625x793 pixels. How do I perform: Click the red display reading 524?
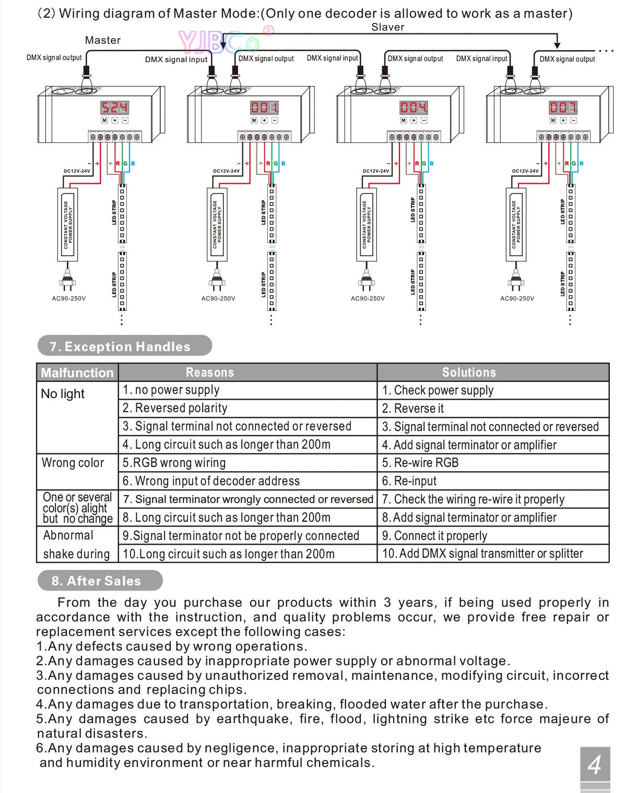click(114, 107)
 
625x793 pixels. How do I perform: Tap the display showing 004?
click(414, 107)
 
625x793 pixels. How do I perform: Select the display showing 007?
click(563, 107)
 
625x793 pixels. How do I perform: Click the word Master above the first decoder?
click(103, 40)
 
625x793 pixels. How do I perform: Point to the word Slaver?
click(387, 27)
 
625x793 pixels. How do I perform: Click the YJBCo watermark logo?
click(219, 41)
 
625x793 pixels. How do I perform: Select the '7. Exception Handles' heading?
click(120, 346)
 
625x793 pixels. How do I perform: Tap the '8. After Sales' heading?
click(96, 581)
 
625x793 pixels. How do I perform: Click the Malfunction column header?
click(77, 373)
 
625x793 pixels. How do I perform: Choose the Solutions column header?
click(469, 372)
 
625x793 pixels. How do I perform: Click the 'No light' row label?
click(63, 394)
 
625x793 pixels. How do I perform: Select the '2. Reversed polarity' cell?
click(175, 408)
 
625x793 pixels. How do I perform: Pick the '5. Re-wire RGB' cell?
click(420, 463)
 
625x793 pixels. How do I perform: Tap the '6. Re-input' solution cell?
click(409, 481)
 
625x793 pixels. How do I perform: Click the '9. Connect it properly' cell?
click(434, 536)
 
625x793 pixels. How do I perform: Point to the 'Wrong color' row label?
click(73, 463)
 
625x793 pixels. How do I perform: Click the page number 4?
click(595, 765)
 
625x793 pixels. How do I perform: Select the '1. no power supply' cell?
click(171, 390)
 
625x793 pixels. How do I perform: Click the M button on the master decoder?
click(104, 121)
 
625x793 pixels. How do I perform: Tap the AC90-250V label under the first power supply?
click(68, 298)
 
